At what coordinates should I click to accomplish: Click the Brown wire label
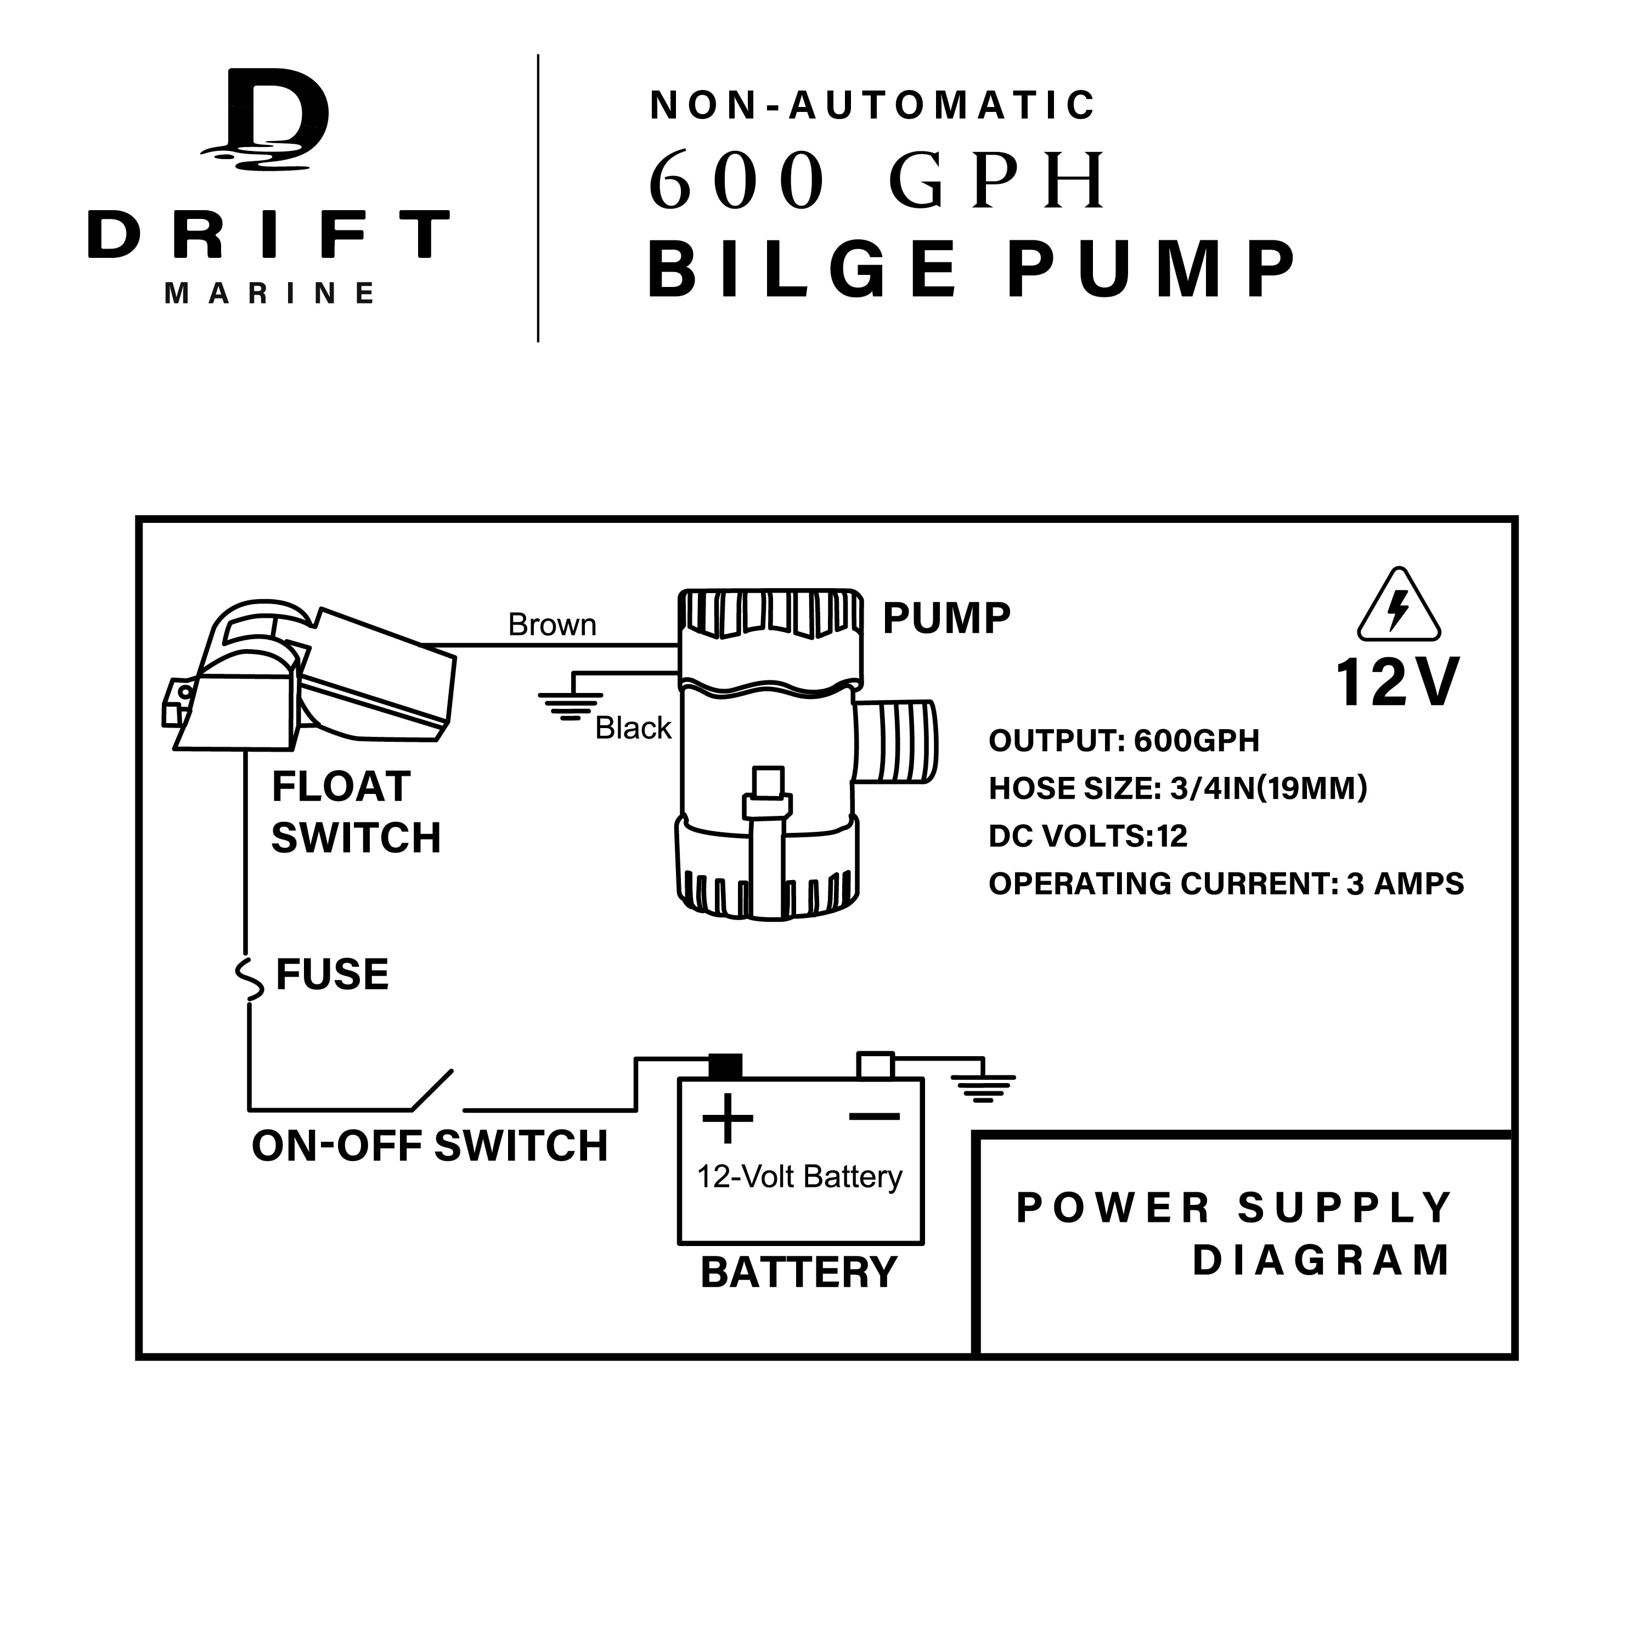tap(552, 625)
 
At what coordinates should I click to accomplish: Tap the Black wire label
tap(633, 729)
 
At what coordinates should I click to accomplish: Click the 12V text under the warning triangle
tap(1397, 683)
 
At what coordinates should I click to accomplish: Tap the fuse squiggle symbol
tap(249, 978)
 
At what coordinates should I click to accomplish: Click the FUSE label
tap(332, 974)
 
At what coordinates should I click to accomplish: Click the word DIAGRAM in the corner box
tap(1321, 1261)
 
